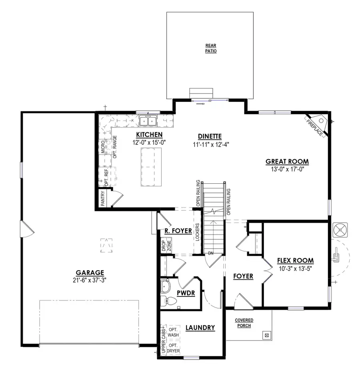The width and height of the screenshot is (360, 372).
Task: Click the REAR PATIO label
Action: [211, 48]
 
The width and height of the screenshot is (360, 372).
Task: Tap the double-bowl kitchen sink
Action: [148, 120]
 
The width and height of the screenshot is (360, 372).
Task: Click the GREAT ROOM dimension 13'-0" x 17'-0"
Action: [287, 169]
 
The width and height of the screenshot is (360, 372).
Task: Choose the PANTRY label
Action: [103, 199]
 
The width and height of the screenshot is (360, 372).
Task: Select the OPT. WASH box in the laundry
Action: [173, 332]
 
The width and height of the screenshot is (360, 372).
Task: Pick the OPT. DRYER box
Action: [173, 348]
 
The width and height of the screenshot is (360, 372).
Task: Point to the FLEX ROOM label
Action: [295, 261]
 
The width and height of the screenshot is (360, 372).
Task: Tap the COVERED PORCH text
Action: [244, 323]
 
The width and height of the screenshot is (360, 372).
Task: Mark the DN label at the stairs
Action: [211, 253]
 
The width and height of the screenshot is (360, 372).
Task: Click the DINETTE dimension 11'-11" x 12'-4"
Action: [210, 143]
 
